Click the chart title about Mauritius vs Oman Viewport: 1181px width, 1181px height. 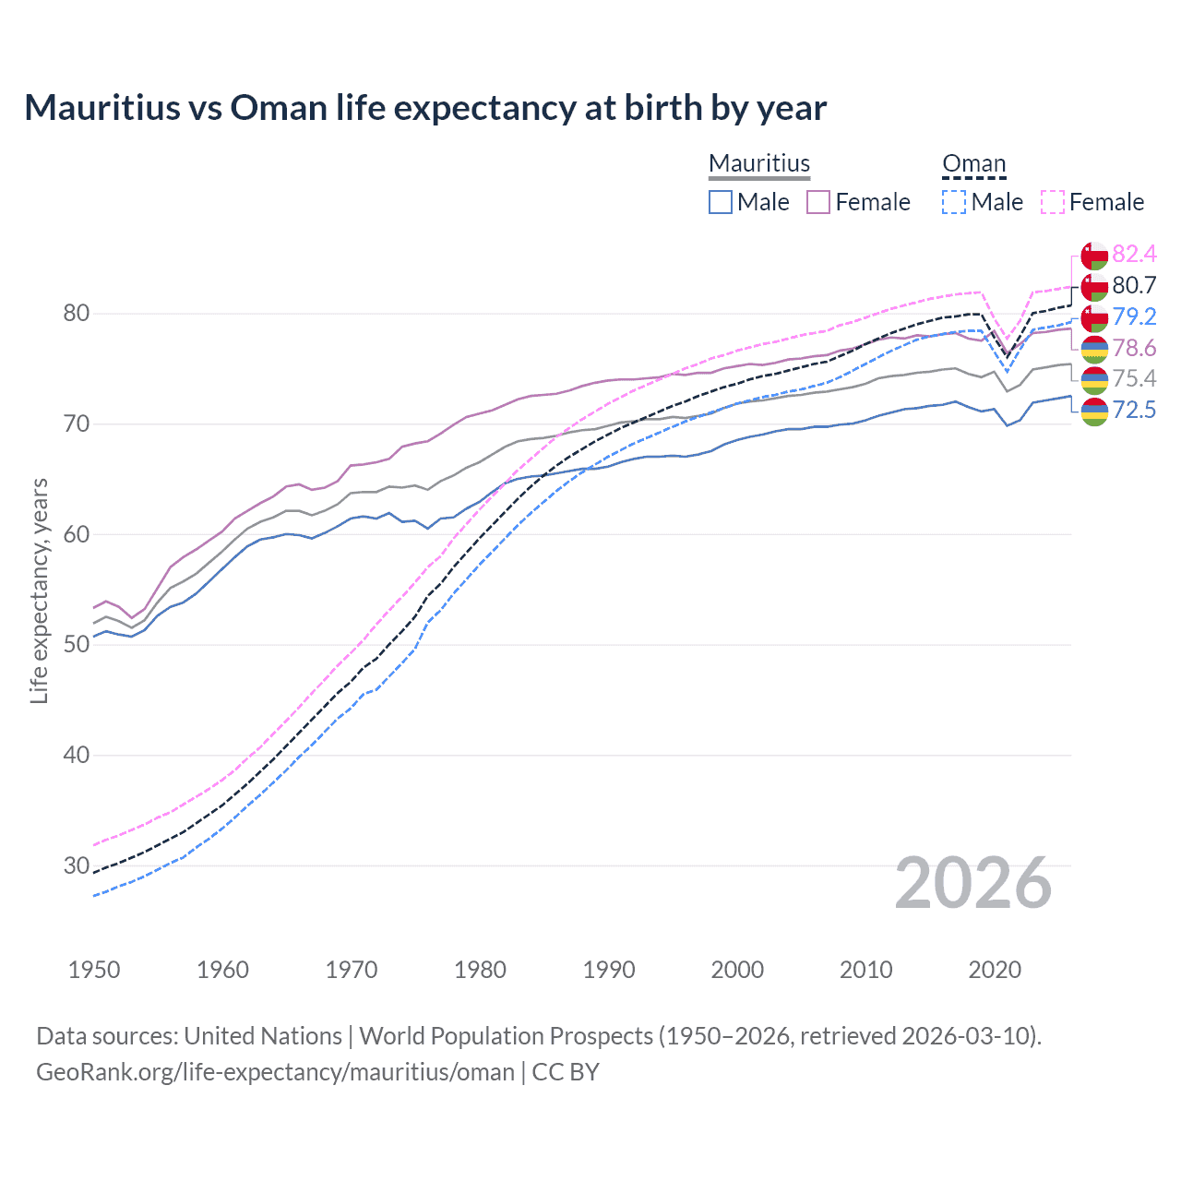[425, 108]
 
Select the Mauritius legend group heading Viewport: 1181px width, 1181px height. [759, 163]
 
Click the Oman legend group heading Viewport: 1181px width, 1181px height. [973, 163]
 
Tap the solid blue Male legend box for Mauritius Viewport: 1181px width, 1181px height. [721, 202]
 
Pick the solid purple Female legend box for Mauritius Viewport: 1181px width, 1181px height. [818, 202]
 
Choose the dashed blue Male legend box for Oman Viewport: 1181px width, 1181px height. [954, 202]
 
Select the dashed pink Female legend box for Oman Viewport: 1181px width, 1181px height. [1053, 202]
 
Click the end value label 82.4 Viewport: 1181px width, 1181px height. [1134, 255]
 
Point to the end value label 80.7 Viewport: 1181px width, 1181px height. [1134, 286]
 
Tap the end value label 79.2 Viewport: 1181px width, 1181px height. [1134, 317]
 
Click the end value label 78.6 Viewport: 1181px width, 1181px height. [1134, 349]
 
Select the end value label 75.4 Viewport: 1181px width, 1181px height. [1134, 379]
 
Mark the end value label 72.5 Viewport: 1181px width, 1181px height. [1134, 411]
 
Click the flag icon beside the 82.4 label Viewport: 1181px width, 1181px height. [1094, 256]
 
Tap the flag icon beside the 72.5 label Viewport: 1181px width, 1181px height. [1094, 412]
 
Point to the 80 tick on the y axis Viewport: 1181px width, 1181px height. [77, 314]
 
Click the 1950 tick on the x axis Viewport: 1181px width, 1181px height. [94, 970]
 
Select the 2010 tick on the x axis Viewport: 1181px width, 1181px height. [865, 970]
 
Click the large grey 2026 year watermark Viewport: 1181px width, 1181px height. [972, 884]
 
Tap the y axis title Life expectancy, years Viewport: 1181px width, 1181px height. [40, 590]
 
